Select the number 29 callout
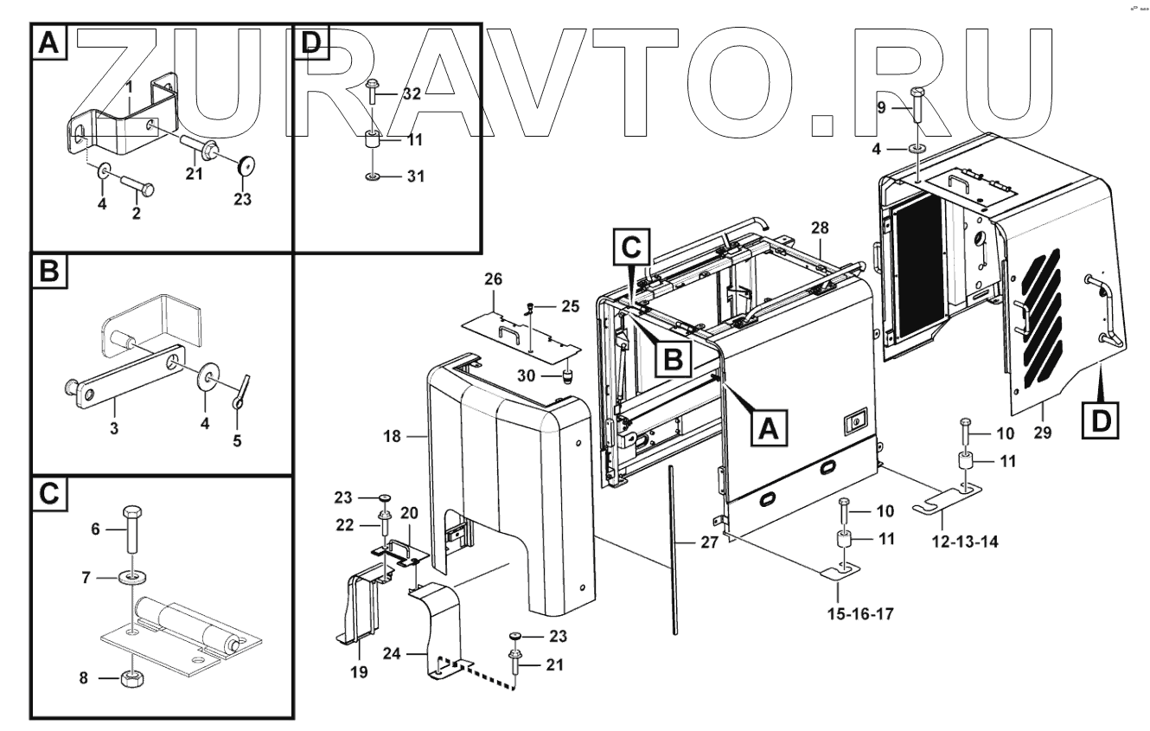pos(1043,433)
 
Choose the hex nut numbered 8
pos(131,677)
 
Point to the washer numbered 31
pos(373,176)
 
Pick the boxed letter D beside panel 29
pos(1099,420)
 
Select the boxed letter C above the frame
pos(631,248)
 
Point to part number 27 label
pos(685,542)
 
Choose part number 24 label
pos(417,657)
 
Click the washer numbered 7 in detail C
pos(131,577)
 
